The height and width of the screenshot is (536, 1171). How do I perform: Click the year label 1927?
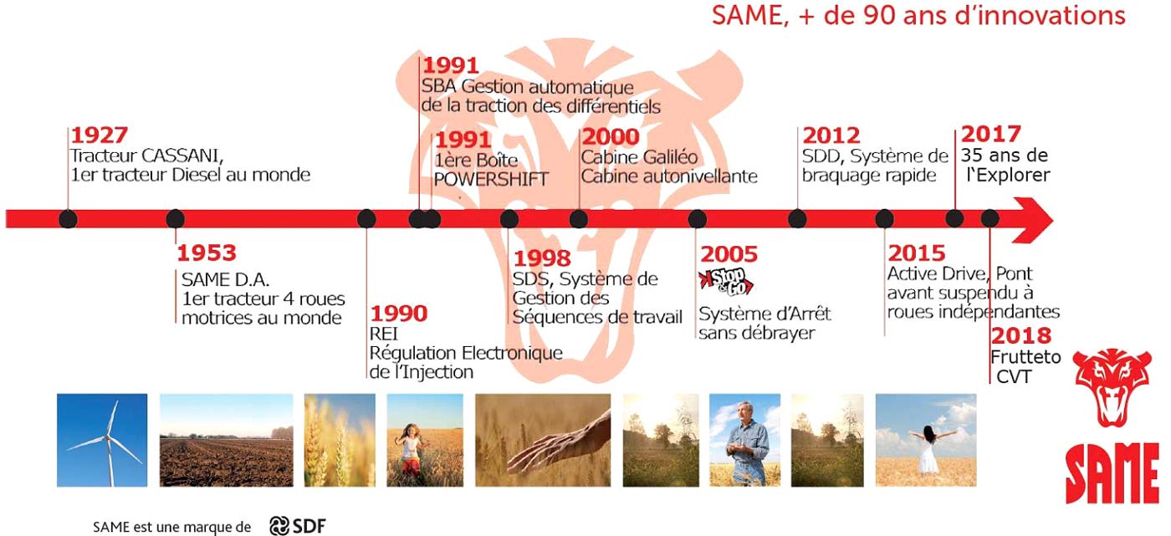coord(100,135)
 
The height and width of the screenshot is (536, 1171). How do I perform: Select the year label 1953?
coord(207,253)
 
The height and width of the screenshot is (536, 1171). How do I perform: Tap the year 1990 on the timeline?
coord(399,314)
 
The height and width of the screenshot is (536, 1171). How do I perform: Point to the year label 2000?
coord(611,137)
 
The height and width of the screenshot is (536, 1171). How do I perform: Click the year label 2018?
coord(1021,335)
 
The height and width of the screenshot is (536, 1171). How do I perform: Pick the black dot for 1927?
coord(68,219)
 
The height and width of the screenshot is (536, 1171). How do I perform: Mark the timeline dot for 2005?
coord(697,219)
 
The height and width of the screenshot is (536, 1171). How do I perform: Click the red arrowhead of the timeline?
coord(1032,219)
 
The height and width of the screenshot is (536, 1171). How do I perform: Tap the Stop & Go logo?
coord(726,282)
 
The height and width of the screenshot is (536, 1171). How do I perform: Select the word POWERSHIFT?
coord(491,179)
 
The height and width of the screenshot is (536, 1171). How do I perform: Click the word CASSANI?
coord(182,156)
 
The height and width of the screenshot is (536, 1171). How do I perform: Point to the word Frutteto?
coord(1025,357)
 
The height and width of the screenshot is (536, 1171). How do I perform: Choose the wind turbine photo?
coord(102,440)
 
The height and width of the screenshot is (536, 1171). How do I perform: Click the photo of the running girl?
coord(425,440)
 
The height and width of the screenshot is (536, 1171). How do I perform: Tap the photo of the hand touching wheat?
coord(543,440)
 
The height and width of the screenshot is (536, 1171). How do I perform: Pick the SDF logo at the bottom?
coord(298,526)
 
